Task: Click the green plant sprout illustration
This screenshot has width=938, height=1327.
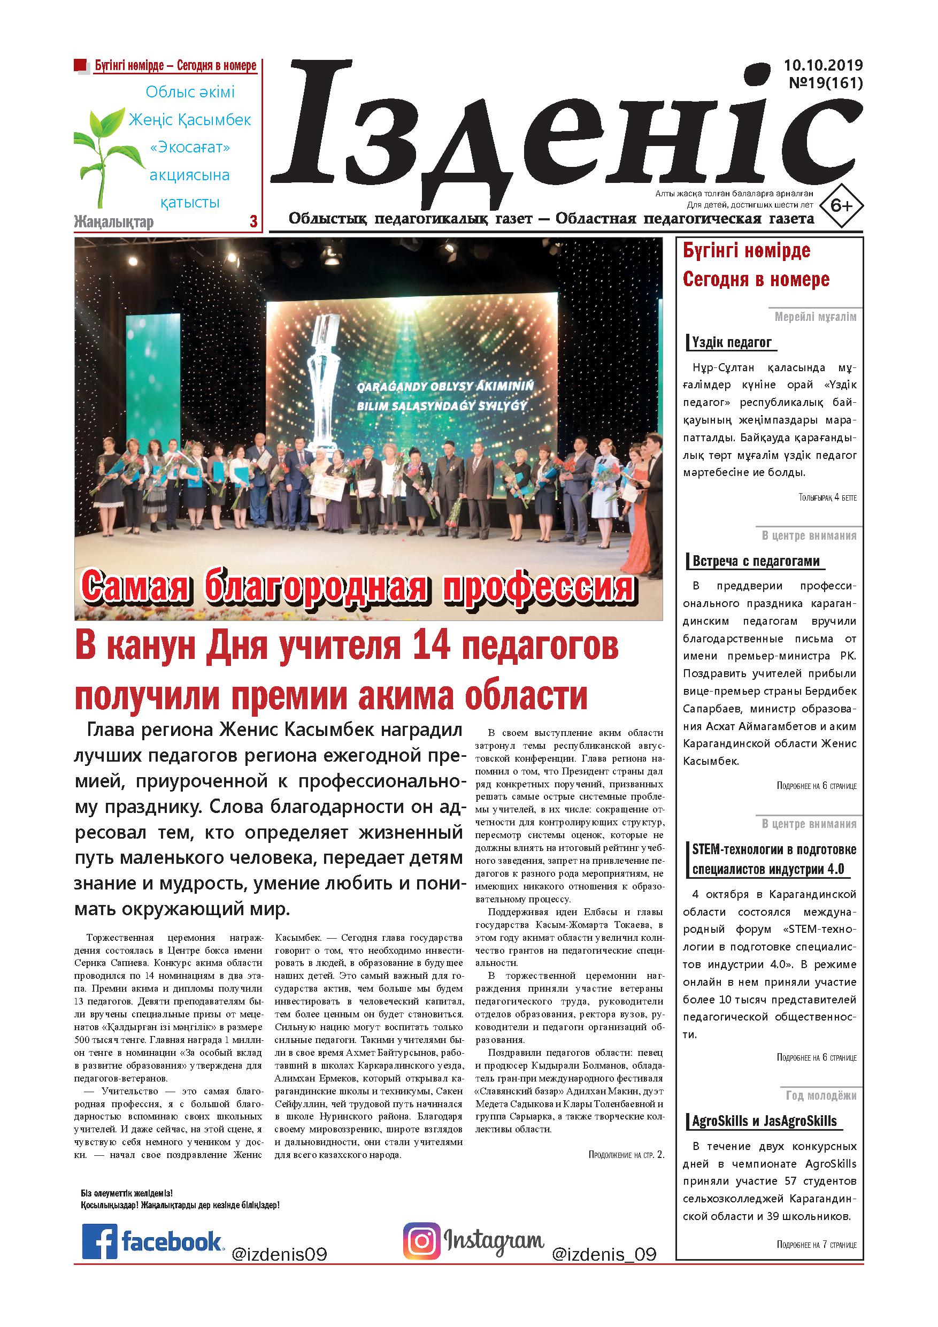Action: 103,153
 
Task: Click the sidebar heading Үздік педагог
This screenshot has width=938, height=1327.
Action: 731,343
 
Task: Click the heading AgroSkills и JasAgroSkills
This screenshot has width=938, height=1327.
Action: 764,1121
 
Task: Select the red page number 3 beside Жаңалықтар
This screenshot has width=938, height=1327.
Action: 253,221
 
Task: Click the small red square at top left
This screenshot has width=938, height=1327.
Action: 81,65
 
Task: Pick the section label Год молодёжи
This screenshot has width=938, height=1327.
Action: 821,1096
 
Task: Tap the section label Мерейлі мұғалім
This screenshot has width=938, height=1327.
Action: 816,317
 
